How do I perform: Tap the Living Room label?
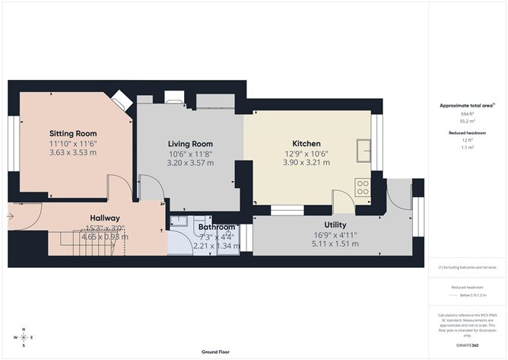tap(189, 143)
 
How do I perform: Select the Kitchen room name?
tap(306, 143)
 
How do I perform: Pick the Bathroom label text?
tap(217, 227)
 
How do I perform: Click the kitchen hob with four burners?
tap(362, 187)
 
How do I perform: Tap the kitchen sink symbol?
tap(364, 151)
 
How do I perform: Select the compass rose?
tap(24, 336)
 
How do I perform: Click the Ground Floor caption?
tap(216, 352)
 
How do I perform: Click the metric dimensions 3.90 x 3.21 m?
tap(306, 162)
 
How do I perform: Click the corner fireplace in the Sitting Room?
tap(120, 100)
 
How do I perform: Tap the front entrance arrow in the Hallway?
tap(12, 215)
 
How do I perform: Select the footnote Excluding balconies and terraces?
tap(467, 267)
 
